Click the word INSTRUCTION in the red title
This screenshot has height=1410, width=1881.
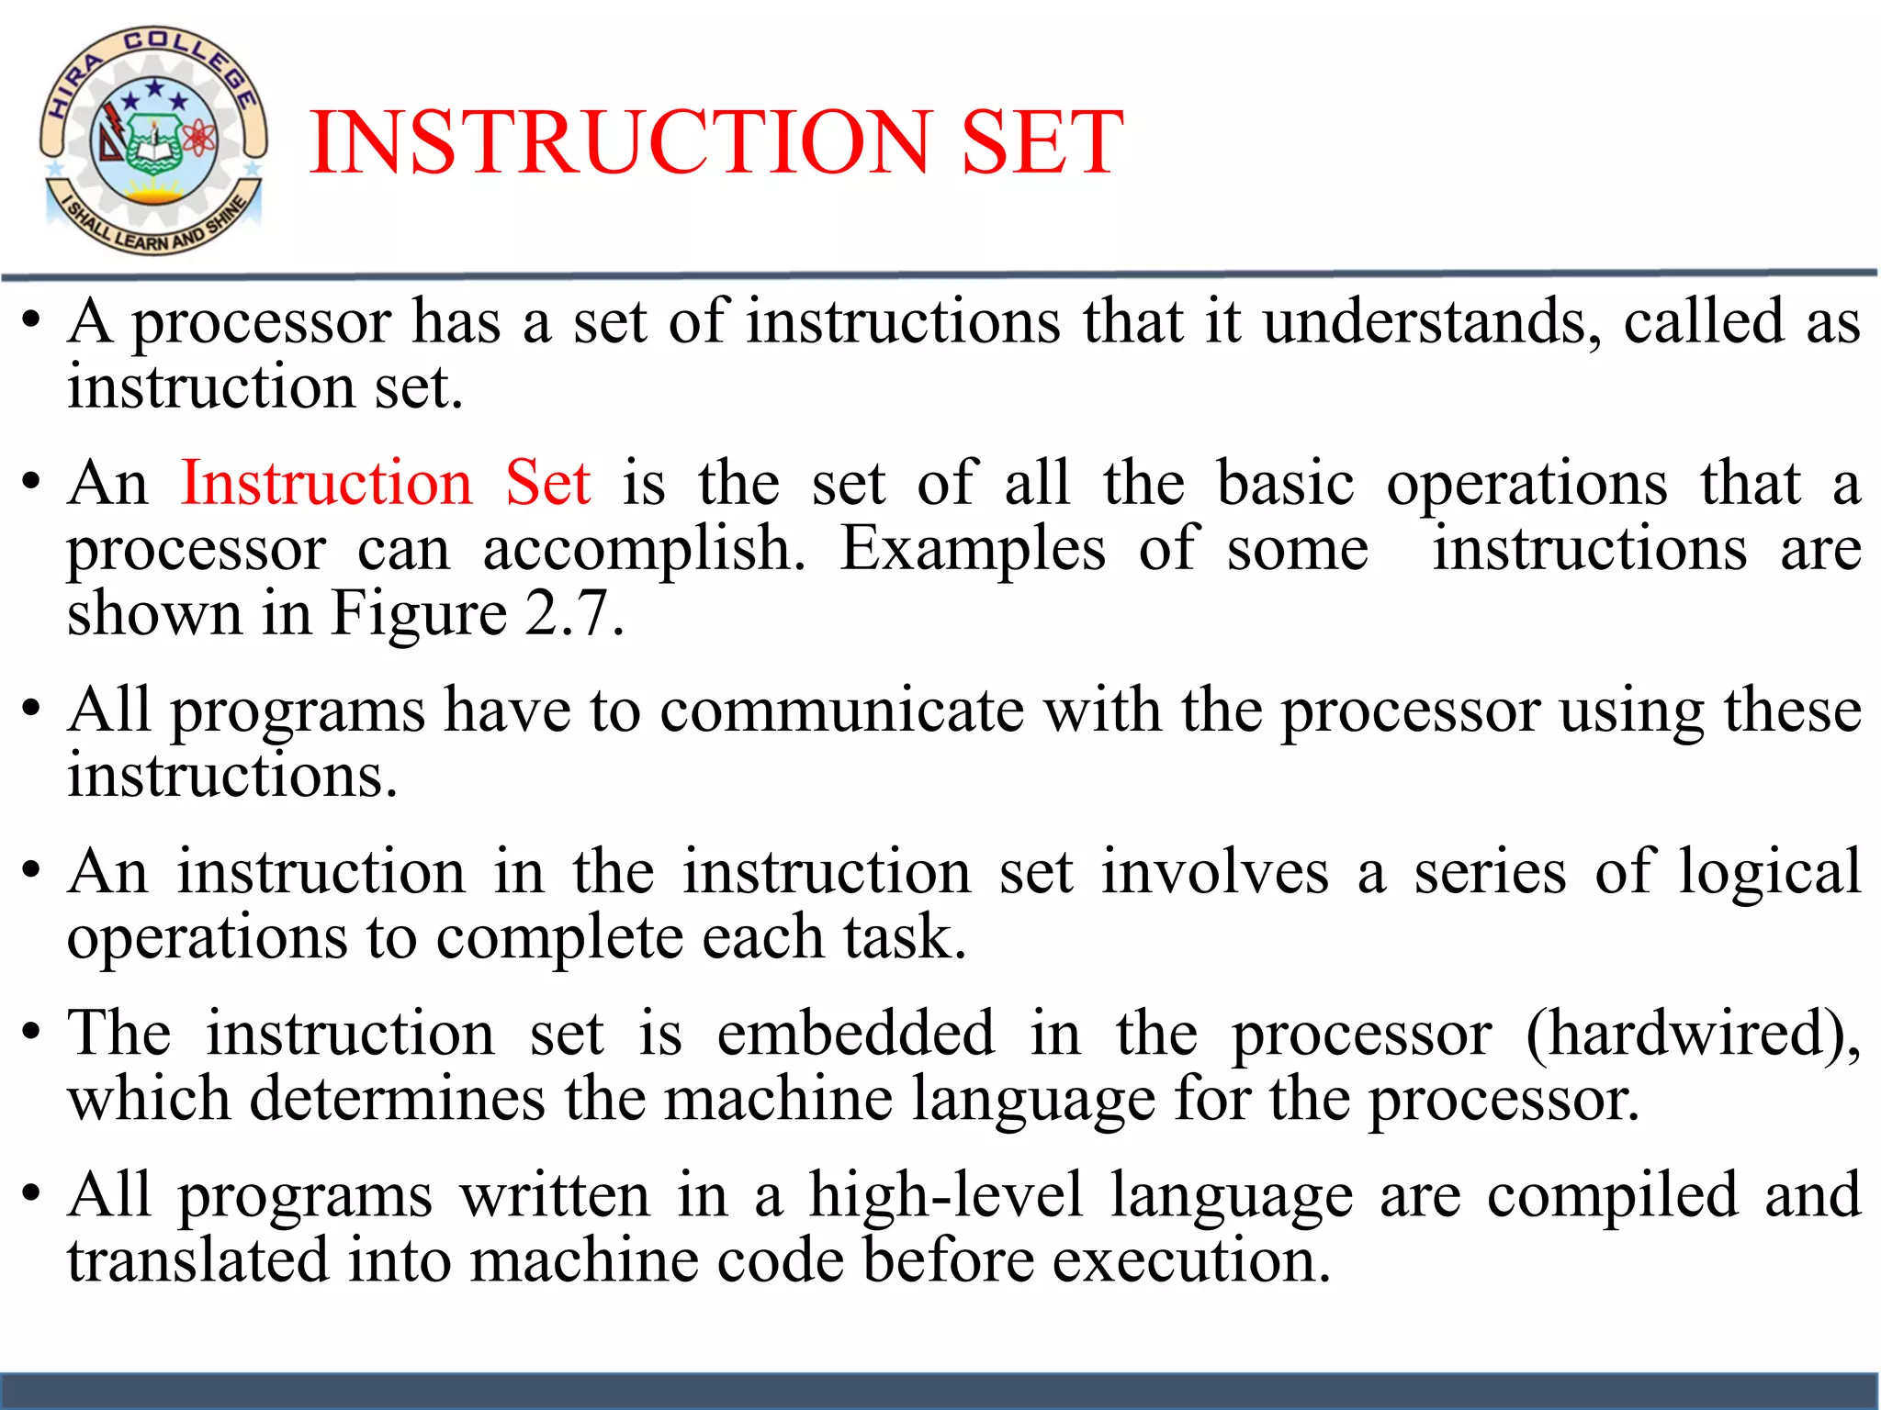621,142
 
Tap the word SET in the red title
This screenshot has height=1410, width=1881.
1042,142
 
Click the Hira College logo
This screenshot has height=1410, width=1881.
153,140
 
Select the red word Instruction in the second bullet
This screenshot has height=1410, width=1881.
326,483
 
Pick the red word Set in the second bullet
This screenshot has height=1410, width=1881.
547,483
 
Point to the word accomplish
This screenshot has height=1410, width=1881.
643,550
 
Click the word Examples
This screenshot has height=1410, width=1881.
973,548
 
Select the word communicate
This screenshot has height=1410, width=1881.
841,711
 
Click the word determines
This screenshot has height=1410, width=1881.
397,1099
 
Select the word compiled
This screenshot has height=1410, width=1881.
1612,1196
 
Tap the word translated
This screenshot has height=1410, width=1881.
197,1260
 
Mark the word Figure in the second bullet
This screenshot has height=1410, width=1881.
418,613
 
